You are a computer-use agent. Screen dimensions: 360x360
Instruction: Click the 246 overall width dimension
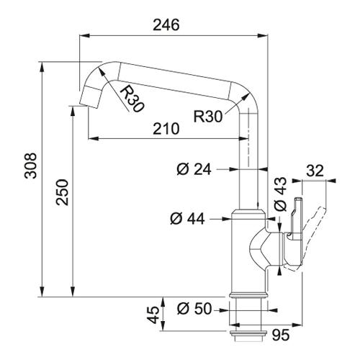(x=166, y=25)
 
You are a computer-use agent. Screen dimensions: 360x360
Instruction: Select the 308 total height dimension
(x=31, y=166)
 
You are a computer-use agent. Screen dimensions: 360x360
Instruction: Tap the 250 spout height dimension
(x=62, y=192)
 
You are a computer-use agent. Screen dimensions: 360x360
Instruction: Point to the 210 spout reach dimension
(x=166, y=129)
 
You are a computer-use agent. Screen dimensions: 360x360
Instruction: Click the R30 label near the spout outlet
(x=132, y=99)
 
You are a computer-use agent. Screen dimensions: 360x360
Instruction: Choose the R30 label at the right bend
(x=208, y=117)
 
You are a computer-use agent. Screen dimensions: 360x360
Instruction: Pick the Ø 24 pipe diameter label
(x=194, y=169)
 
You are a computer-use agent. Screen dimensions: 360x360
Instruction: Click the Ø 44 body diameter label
(x=187, y=219)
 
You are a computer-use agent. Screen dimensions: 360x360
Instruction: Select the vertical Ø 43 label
(x=280, y=194)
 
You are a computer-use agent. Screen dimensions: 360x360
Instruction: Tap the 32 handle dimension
(x=315, y=171)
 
